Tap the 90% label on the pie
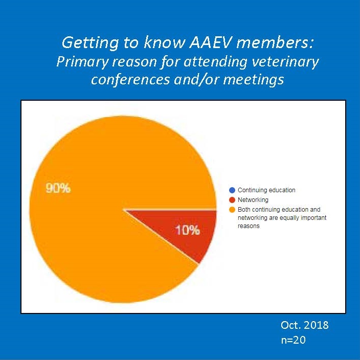click(x=58, y=188)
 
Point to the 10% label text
click(x=187, y=230)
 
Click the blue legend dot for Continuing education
click(x=232, y=190)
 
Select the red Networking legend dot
click(x=232, y=200)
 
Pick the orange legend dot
click(x=232, y=210)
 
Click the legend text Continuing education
click(x=266, y=190)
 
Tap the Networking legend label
click(x=253, y=200)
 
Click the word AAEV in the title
click(x=209, y=42)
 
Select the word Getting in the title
click(x=90, y=43)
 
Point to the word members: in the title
click(x=275, y=42)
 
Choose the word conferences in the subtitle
click(x=130, y=79)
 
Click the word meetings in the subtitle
click(x=254, y=80)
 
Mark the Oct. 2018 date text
click(x=304, y=325)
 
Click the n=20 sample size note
click(x=293, y=340)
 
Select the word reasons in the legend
click(x=249, y=226)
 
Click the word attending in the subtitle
click(x=215, y=62)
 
